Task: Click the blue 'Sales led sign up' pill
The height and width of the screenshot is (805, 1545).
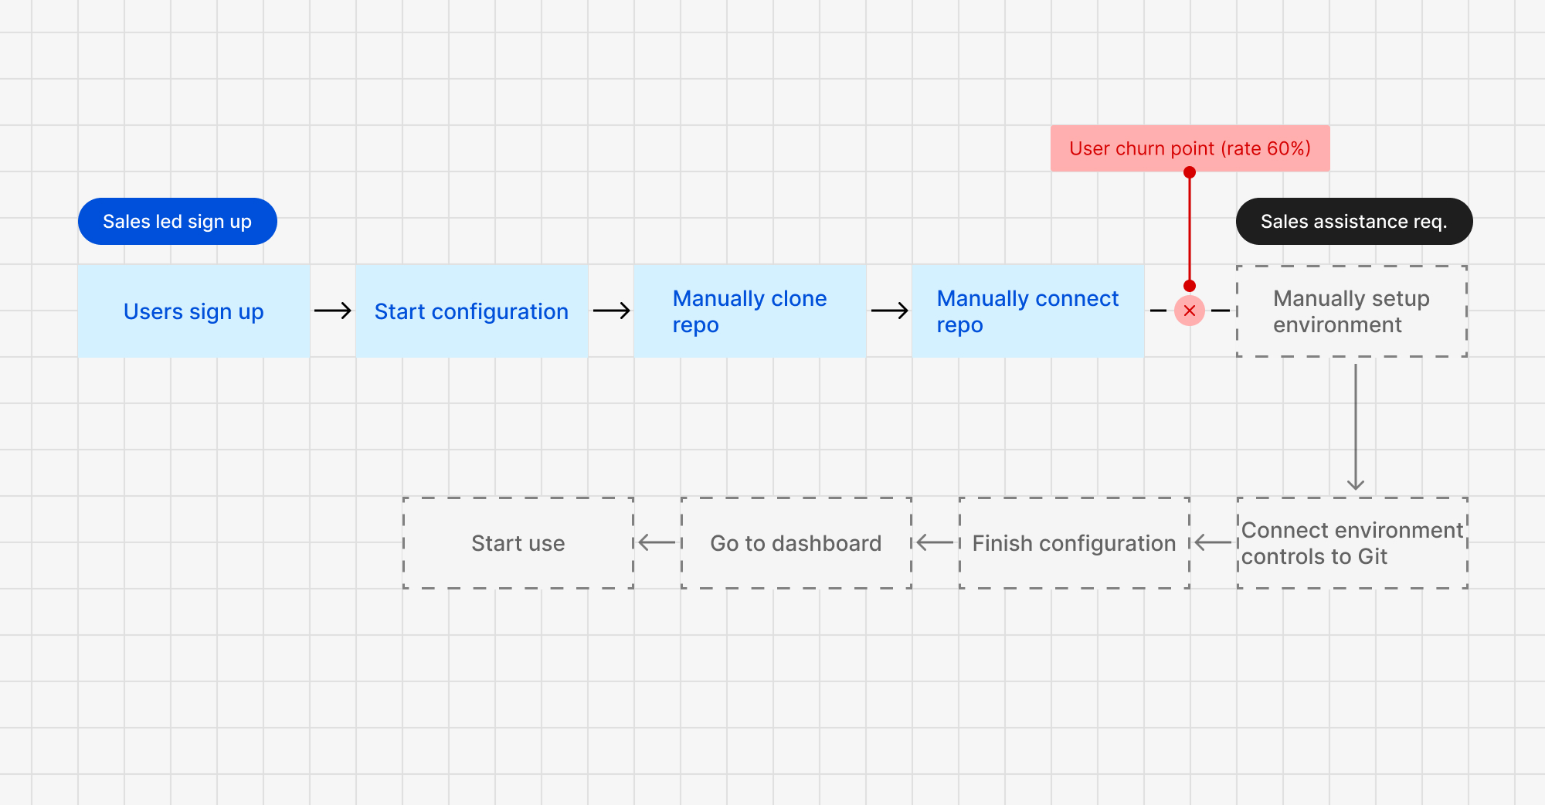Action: point(178,222)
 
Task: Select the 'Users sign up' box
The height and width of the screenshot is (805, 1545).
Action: point(194,311)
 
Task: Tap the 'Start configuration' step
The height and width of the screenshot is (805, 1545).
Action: point(472,311)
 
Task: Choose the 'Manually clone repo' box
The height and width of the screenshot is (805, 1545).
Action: point(750,311)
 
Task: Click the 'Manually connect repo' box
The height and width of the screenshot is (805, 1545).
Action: point(1028,311)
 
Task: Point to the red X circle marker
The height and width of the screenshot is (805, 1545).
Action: point(1190,311)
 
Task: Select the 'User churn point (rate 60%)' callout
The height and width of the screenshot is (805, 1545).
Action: point(1190,148)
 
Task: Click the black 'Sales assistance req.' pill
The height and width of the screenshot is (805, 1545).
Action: point(1354,222)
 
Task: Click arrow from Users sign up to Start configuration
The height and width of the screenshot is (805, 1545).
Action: point(333,311)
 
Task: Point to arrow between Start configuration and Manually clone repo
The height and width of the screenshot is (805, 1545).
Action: point(612,311)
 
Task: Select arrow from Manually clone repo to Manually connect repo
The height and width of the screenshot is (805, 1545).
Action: point(890,311)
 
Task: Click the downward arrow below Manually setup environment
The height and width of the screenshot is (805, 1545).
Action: point(1356,427)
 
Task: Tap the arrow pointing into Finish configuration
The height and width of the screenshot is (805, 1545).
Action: point(1214,543)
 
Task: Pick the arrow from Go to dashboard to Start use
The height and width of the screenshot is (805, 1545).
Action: point(657,543)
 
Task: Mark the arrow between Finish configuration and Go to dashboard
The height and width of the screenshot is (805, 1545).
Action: point(935,543)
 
